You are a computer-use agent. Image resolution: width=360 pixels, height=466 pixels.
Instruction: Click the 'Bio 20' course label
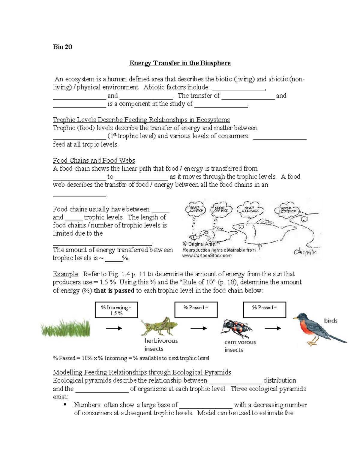point(62,47)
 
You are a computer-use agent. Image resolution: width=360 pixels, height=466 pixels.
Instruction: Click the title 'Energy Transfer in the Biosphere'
point(180,63)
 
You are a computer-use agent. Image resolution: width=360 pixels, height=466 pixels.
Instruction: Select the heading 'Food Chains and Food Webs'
point(94,160)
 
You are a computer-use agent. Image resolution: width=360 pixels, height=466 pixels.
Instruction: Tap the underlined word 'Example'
point(65,274)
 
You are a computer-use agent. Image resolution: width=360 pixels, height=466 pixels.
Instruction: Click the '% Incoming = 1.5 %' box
point(116,310)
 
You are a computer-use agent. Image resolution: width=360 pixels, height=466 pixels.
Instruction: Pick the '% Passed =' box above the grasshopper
point(196,310)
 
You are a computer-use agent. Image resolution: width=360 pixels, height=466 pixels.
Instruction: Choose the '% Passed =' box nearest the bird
point(264,310)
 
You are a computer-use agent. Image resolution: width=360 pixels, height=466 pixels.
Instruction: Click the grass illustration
point(65,328)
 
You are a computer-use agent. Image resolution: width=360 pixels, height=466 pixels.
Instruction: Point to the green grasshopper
point(159,326)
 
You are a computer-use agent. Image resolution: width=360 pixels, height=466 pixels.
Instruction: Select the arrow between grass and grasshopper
point(114,328)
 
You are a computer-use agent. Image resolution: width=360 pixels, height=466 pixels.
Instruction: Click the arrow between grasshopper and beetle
point(199,328)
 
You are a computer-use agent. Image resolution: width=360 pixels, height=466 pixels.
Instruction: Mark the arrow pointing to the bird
point(273,328)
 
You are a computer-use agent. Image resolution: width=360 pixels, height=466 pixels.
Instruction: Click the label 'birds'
point(331,321)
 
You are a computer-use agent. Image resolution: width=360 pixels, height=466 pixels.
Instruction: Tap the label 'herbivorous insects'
point(161,345)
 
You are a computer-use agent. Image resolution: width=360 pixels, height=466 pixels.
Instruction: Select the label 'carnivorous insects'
point(240,346)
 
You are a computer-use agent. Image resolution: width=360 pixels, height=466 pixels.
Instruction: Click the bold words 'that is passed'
point(114,290)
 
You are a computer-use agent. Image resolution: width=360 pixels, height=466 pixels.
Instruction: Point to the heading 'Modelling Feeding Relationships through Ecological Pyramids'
point(142,372)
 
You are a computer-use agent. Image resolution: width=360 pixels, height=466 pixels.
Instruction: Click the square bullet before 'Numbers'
point(65,404)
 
